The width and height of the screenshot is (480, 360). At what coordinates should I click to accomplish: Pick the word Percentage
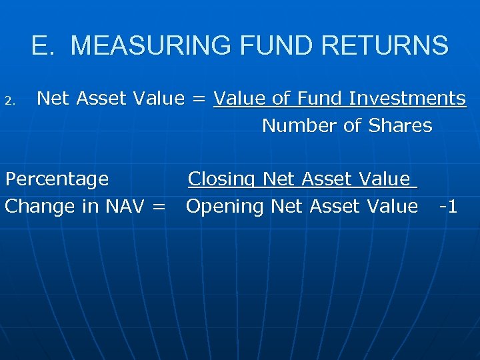pos(57,179)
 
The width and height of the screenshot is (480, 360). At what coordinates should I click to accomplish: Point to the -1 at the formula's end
pos(448,207)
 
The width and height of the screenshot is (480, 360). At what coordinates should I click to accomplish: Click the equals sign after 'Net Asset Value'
pos(199,99)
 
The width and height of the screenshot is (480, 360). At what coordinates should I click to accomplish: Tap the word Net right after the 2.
pos(54,99)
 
